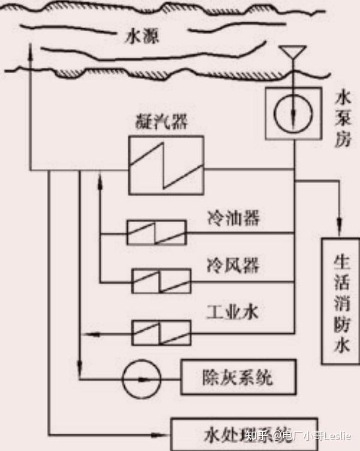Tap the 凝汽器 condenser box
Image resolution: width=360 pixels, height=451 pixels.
click(165, 164)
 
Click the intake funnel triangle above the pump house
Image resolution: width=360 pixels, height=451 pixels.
click(293, 53)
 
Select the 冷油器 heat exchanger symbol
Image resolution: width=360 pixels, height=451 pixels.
click(156, 232)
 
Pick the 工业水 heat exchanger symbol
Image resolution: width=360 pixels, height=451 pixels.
click(161, 331)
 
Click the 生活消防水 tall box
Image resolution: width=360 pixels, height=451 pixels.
click(339, 300)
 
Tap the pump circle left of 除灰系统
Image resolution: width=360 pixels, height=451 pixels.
click(140, 379)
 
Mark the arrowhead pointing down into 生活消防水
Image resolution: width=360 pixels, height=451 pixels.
click(341, 228)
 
